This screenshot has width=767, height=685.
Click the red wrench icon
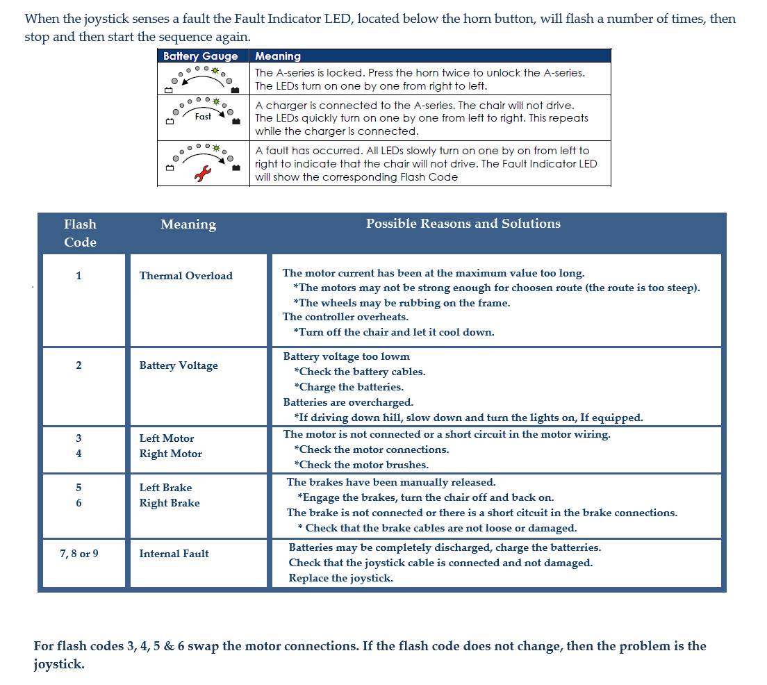pyautogui.click(x=202, y=174)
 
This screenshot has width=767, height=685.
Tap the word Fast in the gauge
pyautogui.click(x=203, y=117)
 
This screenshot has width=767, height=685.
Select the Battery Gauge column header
pyautogui.click(x=200, y=56)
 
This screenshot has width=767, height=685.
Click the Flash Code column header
pyautogui.click(x=80, y=233)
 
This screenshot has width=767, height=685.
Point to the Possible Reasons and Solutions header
pyautogui.click(x=463, y=224)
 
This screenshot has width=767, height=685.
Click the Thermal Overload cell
pyautogui.click(x=185, y=276)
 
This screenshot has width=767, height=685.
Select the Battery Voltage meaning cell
pyautogui.click(x=179, y=365)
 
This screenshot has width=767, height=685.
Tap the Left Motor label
pyautogui.click(x=167, y=438)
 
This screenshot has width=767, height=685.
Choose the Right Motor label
pyautogui.click(x=170, y=454)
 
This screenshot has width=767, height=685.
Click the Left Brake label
pyautogui.click(x=165, y=488)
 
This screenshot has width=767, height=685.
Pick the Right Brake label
pyautogui.click(x=170, y=503)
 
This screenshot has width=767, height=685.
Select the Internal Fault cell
pyautogui.click(x=174, y=554)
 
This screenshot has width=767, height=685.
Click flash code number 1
pyautogui.click(x=79, y=276)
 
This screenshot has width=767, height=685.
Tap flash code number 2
pyautogui.click(x=79, y=365)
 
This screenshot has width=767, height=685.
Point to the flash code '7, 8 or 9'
pyautogui.click(x=79, y=554)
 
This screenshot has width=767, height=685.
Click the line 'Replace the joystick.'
pyautogui.click(x=340, y=578)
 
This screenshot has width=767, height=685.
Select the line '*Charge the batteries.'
pyautogui.click(x=349, y=387)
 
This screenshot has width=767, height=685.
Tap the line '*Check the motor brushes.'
pyautogui.click(x=361, y=465)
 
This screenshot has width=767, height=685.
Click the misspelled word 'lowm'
pyautogui.click(x=395, y=356)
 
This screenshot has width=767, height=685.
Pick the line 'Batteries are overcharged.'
pyautogui.click(x=348, y=402)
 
